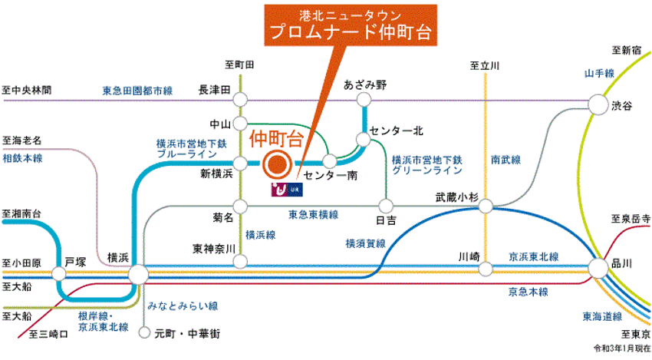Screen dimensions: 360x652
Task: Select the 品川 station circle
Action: (599, 268)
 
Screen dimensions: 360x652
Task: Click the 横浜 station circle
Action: (138, 274)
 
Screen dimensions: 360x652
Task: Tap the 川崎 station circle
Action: (485, 269)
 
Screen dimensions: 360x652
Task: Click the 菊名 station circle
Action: (242, 206)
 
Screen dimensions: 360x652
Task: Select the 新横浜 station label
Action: (216, 174)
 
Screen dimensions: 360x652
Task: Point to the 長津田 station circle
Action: (242, 99)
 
